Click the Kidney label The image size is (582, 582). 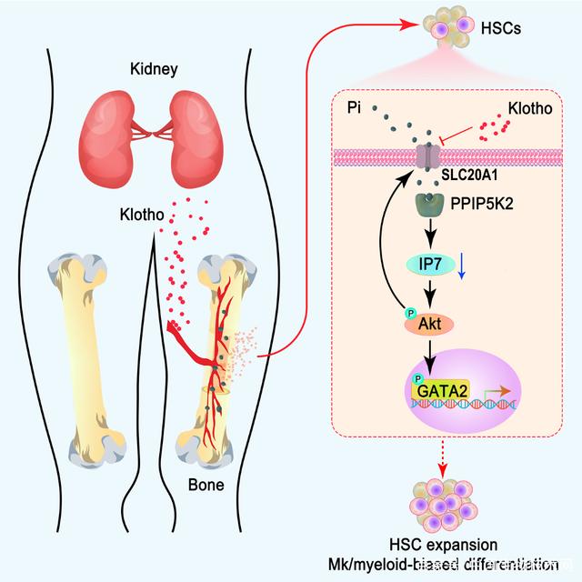click(x=153, y=69)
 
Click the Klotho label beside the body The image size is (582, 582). click(x=142, y=216)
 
